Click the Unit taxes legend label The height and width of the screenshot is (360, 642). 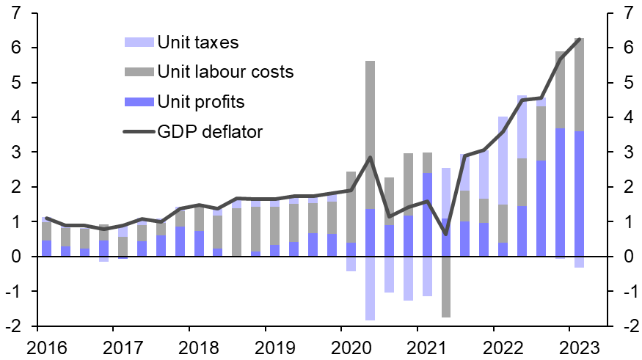coord(198,42)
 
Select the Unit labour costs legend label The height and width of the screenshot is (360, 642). coord(225,72)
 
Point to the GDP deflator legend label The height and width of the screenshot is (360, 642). coord(210,131)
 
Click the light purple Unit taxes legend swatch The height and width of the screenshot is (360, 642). coord(137,43)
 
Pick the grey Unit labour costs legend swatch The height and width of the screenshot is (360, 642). coord(137,72)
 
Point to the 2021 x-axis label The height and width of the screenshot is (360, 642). coord(419,345)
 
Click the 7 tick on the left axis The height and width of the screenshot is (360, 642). coord(16,13)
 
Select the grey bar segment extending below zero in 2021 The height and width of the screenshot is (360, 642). coord(446,287)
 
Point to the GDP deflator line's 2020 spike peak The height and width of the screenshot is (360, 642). coord(370,157)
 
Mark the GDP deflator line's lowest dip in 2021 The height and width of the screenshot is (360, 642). coord(446,234)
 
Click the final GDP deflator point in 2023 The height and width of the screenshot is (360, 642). coord(580,39)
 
